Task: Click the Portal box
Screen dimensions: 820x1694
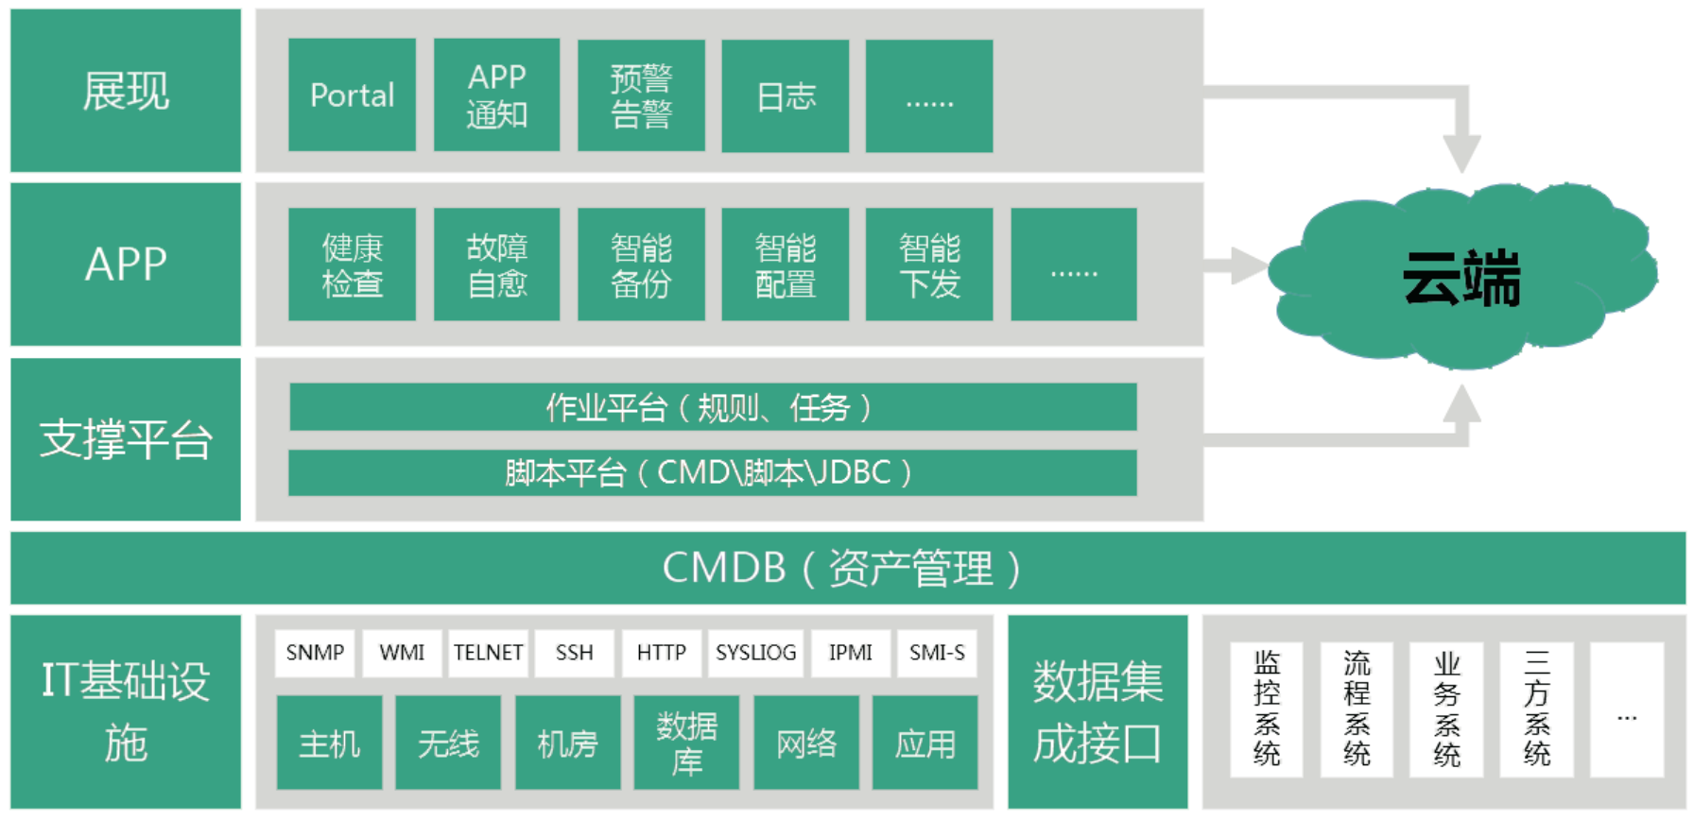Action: tap(352, 94)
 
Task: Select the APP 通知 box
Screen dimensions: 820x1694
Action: tap(496, 94)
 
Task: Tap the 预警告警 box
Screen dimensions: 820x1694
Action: tap(641, 94)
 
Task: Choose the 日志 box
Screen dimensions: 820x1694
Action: tap(785, 94)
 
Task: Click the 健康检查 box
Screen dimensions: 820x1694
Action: tap(352, 265)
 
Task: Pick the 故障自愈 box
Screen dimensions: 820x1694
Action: tap(496, 265)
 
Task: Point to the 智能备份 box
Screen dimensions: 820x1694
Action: tap(641, 265)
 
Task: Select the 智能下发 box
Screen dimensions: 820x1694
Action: tap(929, 265)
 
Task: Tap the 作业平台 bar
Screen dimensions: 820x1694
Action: tap(713, 407)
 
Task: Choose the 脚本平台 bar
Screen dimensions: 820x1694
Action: tap(713, 472)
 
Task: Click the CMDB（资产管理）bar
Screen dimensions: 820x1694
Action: tap(847, 568)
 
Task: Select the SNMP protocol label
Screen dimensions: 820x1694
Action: tap(315, 653)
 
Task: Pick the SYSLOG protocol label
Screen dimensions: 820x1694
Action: tap(755, 653)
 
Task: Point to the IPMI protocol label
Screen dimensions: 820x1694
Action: tap(851, 653)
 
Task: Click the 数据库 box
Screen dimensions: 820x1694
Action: tap(686, 743)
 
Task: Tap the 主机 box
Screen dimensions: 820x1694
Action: tap(329, 743)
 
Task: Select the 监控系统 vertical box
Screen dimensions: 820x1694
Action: tap(1266, 709)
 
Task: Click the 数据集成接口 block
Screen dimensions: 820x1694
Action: tap(1098, 711)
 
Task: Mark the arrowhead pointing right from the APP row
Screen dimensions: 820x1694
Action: tap(1250, 265)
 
